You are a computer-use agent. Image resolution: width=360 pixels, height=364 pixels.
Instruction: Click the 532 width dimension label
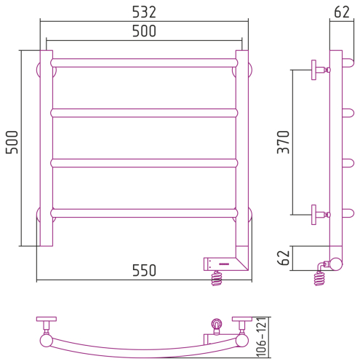pyautogui.click(x=144, y=12)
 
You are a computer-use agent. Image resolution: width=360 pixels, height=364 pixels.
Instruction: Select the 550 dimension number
pyautogui.click(x=144, y=270)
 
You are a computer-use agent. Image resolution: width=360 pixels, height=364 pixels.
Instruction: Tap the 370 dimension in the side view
pyautogui.click(x=284, y=142)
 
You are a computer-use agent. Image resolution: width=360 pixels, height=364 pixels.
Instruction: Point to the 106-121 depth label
pyautogui.click(x=261, y=337)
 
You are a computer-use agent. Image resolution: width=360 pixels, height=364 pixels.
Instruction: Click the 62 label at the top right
pyautogui.click(x=342, y=12)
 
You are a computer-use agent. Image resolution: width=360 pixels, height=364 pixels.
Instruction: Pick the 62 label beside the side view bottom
pyautogui.click(x=284, y=258)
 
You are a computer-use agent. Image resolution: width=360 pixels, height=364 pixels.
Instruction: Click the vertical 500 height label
pyautogui.click(x=12, y=142)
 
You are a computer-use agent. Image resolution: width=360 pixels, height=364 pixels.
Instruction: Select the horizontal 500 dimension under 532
pyautogui.click(x=144, y=31)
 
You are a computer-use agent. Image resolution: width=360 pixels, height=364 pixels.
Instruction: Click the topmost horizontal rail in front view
pyautogui.click(x=144, y=63)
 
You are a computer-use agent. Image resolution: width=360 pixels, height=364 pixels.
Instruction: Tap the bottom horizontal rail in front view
pyautogui.click(x=144, y=213)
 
